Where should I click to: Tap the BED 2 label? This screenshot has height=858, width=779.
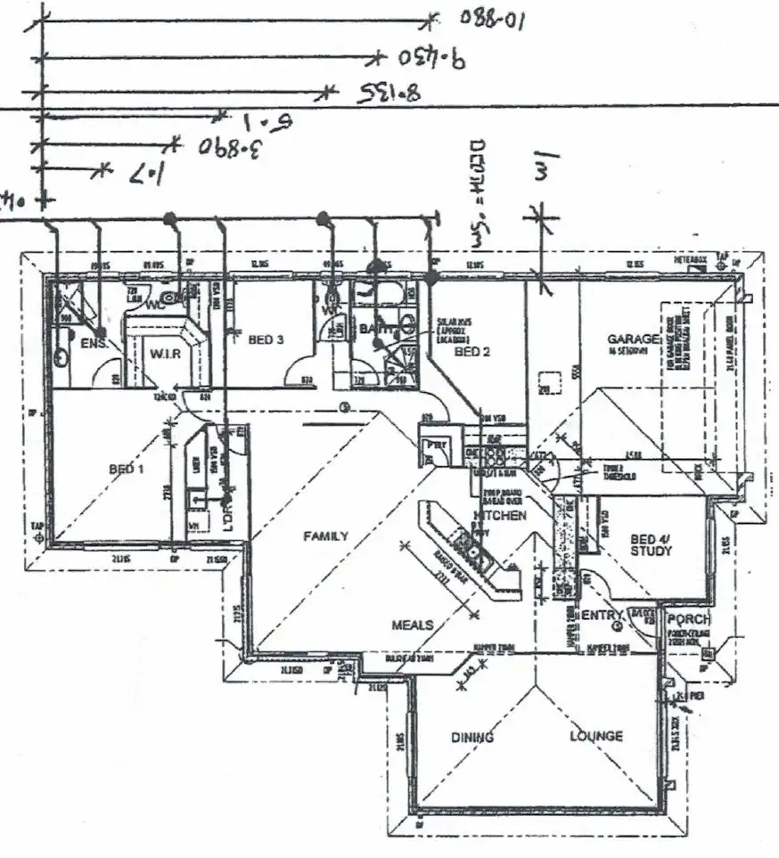point(472,352)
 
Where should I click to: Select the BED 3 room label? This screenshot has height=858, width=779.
point(266,339)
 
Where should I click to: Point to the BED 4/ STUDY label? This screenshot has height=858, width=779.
point(651,544)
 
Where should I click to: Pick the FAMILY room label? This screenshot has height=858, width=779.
point(325,536)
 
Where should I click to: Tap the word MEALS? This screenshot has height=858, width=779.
point(413,625)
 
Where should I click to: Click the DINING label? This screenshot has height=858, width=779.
point(471,738)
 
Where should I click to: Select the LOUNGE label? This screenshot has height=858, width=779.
point(596,737)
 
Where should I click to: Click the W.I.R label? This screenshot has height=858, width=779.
point(165,354)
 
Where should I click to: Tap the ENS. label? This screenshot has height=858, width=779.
point(94,343)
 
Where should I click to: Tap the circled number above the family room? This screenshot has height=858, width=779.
point(343,409)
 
